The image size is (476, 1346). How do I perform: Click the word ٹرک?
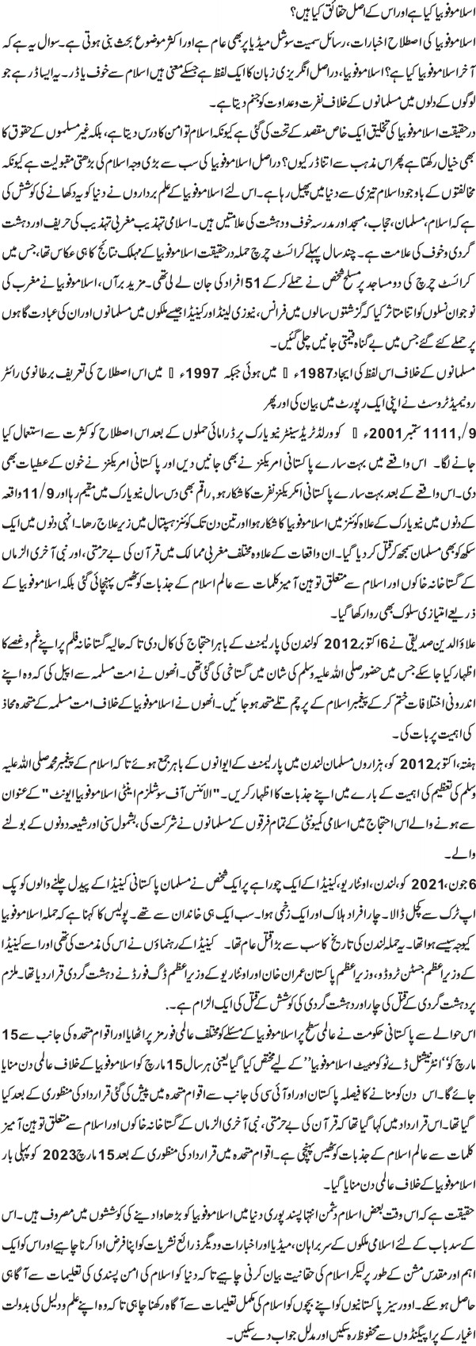pos(447,911)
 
